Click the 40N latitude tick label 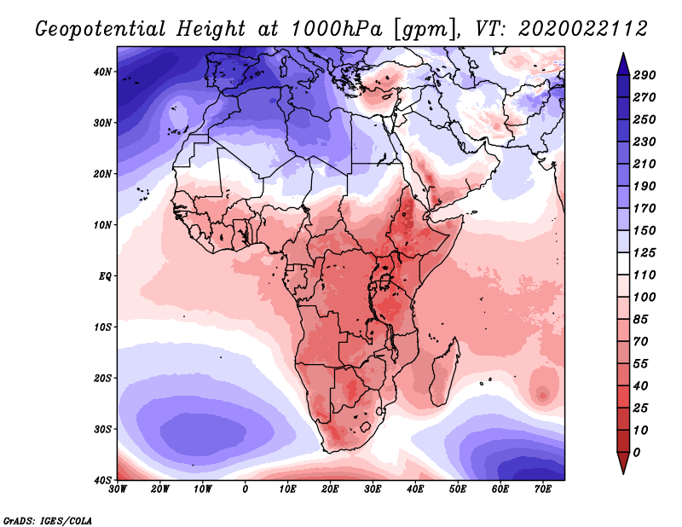(x=102, y=72)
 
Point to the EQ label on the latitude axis (x=105, y=276)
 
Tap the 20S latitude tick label (x=102, y=378)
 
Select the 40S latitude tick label (x=102, y=479)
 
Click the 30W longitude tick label (x=118, y=489)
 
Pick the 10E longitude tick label (x=287, y=489)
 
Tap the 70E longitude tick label (x=542, y=489)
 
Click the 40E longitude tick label (x=415, y=489)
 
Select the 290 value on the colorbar (x=644, y=75)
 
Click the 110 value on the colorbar (x=644, y=275)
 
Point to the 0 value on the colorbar (x=639, y=452)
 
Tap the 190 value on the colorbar (x=644, y=186)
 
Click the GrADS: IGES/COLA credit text (x=47, y=519)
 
